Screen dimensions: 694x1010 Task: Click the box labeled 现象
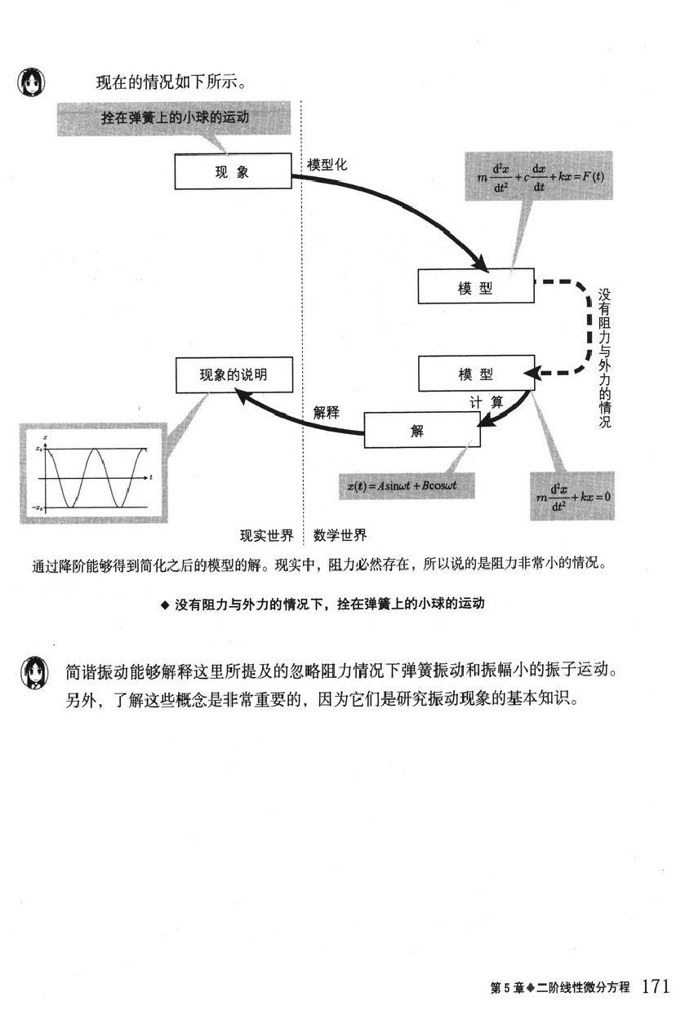coord(233,171)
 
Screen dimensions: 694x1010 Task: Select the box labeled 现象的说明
coord(234,374)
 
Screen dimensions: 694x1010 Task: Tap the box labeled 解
coord(422,430)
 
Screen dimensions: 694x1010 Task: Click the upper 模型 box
coord(476,286)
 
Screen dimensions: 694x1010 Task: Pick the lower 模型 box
coord(477,374)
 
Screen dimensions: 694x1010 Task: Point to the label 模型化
coord(327,165)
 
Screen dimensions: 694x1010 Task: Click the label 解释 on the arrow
coord(327,412)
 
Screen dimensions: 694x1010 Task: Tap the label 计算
coord(487,402)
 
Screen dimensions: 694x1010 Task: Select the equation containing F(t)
coord(540,177)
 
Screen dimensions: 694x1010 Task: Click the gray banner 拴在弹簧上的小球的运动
coord(174,118)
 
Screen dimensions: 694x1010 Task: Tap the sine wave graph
coord(93,473)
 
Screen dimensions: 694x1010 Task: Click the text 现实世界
coord(267,535)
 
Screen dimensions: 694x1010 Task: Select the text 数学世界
coord(340,535)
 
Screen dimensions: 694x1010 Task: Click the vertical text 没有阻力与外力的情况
coord(604,358)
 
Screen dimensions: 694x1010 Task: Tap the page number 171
coord(656,986)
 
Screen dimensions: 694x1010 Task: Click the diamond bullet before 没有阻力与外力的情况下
coord(165,605)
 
